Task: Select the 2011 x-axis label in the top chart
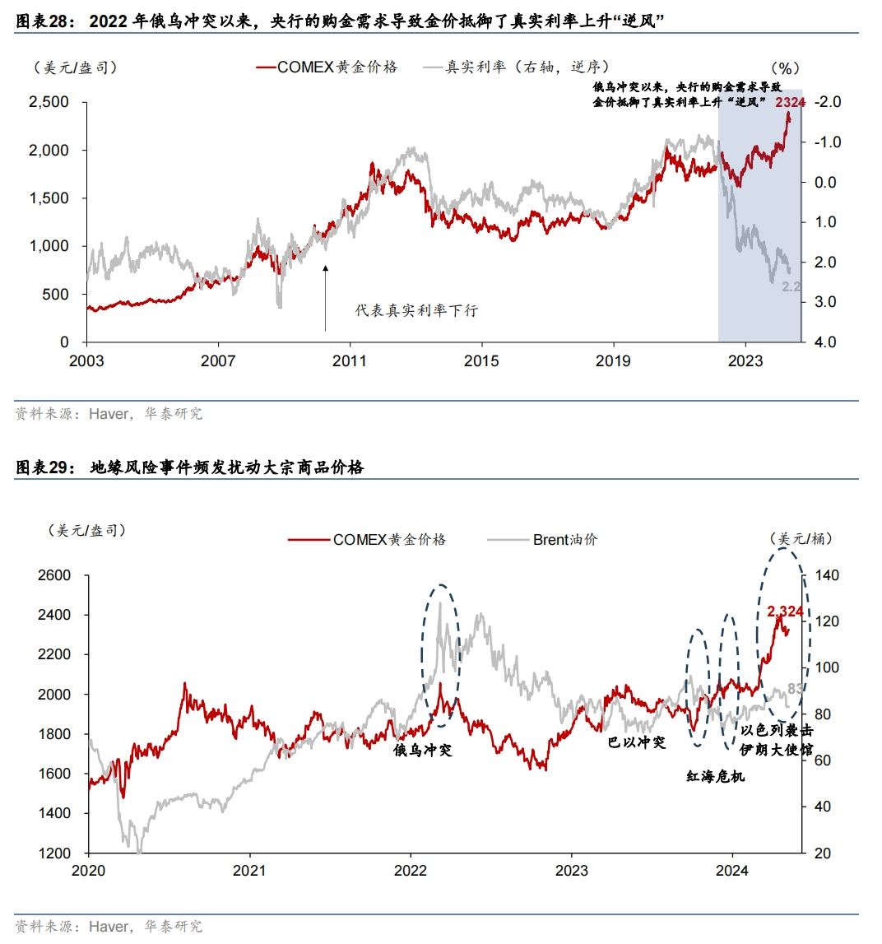point(350,360)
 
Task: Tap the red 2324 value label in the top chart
point(790,102)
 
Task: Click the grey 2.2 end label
point(791,287)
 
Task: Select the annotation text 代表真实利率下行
point(416,310)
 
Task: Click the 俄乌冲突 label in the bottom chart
point(423,751)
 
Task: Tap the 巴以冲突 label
point(636,742)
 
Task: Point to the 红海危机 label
point(715,775)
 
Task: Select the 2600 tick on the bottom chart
point(54,575)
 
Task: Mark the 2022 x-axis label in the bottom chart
point(411,871)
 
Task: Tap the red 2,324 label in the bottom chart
point(785,611)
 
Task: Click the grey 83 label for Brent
point(795,688)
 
